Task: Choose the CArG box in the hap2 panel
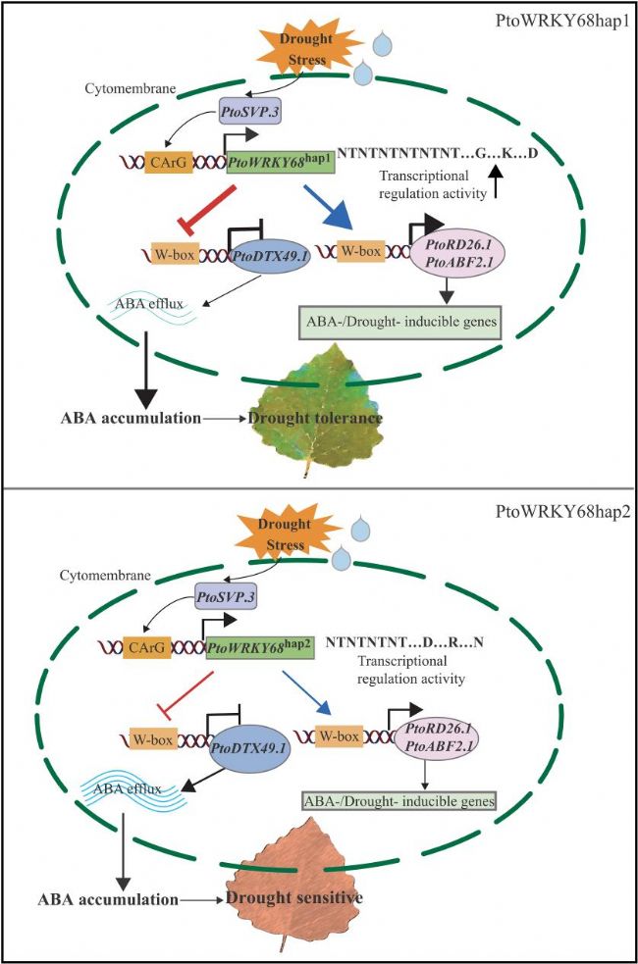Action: click(x=151, y=648)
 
